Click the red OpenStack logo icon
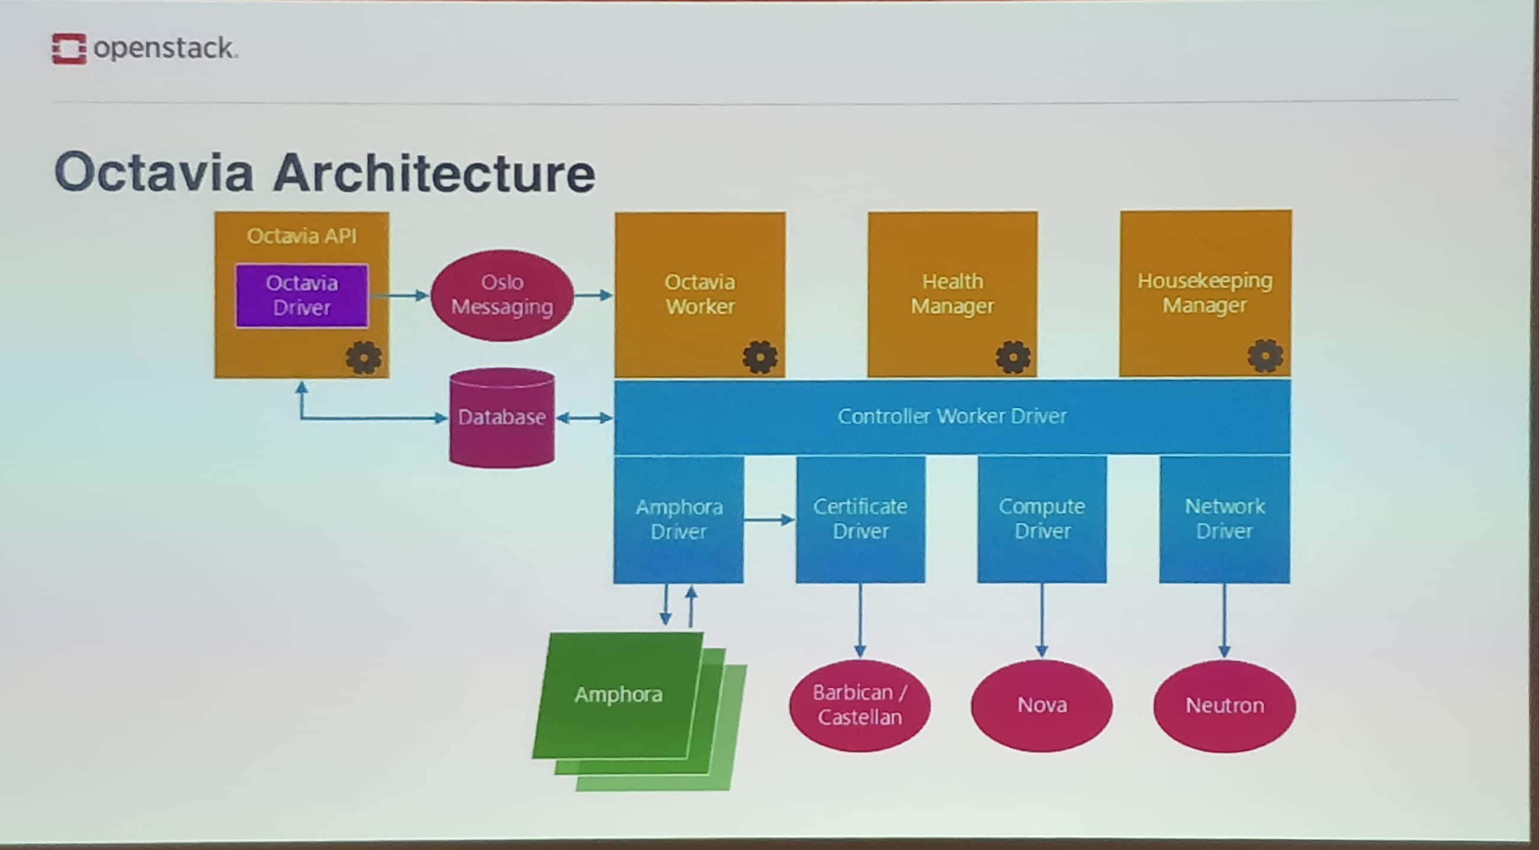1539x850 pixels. (x=69, y=49)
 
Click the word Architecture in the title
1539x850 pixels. (x=434, y=173)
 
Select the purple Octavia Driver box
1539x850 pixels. (x=302, y=295)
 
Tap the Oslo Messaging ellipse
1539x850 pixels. (x=502, y=295)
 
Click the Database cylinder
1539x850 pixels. (x=502, y=417)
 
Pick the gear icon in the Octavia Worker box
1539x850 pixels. (x=760, y=357)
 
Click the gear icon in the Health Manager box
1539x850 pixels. (x=1013, y=357)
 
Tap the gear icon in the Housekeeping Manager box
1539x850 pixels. (x=1265, y=356)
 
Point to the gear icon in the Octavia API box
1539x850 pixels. (x=363, y=358)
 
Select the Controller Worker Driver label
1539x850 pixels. (x=952, y=416)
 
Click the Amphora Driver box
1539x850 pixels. (x=679, y=519)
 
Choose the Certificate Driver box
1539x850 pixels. (x=860, y=519)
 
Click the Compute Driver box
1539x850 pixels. (x=1042, y=519)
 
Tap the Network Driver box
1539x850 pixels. (x=1224, y=519)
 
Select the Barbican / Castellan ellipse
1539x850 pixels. (x=859, y=705)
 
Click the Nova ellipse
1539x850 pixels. (x=1042, y=706)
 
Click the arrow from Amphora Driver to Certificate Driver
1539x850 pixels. (x=769, y=520)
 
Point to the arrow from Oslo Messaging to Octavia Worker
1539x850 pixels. (x=593, y=295)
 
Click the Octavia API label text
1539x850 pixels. (x=302, y=236)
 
